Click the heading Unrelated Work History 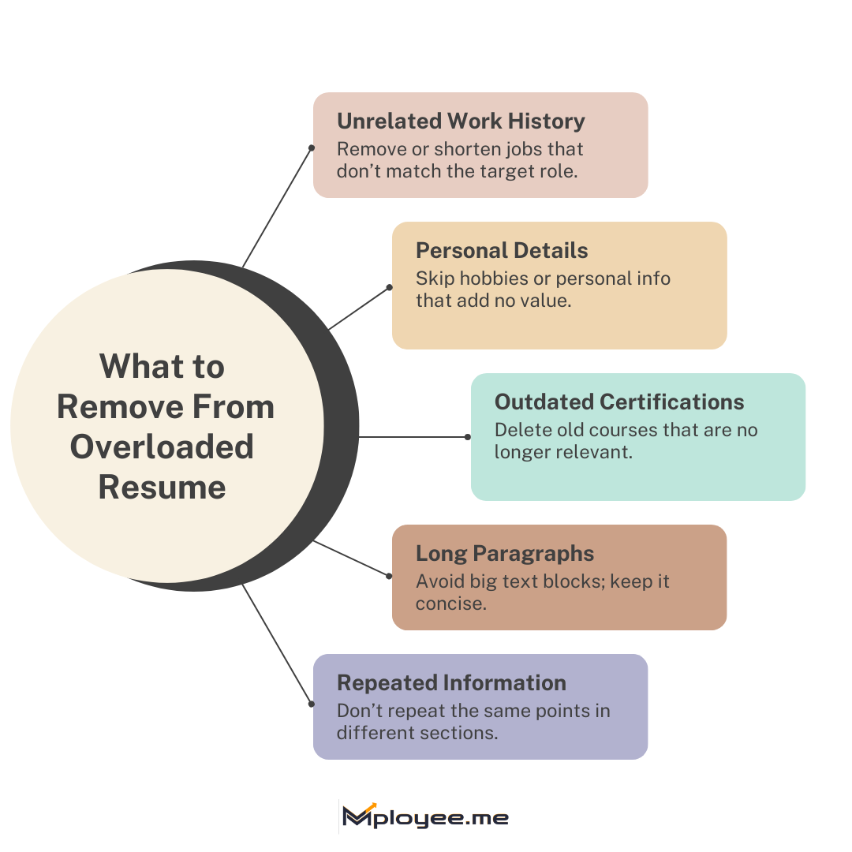pyautogui.click(x=461, y=121)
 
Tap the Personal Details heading pyautogui.click(x=502, y=251)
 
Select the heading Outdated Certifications pyautogui.click(x=619, y=402)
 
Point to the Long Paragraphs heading pyautogui.click(x=505, y=553)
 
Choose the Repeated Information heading pyautogui.click(x=451, y=683)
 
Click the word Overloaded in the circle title pyautogui.click(x=162, y=447)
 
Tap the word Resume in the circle pyautogui.click(x=162, y=487)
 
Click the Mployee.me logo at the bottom pyautogui.click(x=426, y=817)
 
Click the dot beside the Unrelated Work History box pyautogui.click(x=312, y=148)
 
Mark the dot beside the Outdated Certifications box pyautogui.click(x=468, y=436)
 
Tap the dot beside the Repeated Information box pyautogui.click(x=312, y=704)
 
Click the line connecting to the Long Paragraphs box pyautogui.click(x=351, y=559)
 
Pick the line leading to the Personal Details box pyautogui.click(x=359, y=308)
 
